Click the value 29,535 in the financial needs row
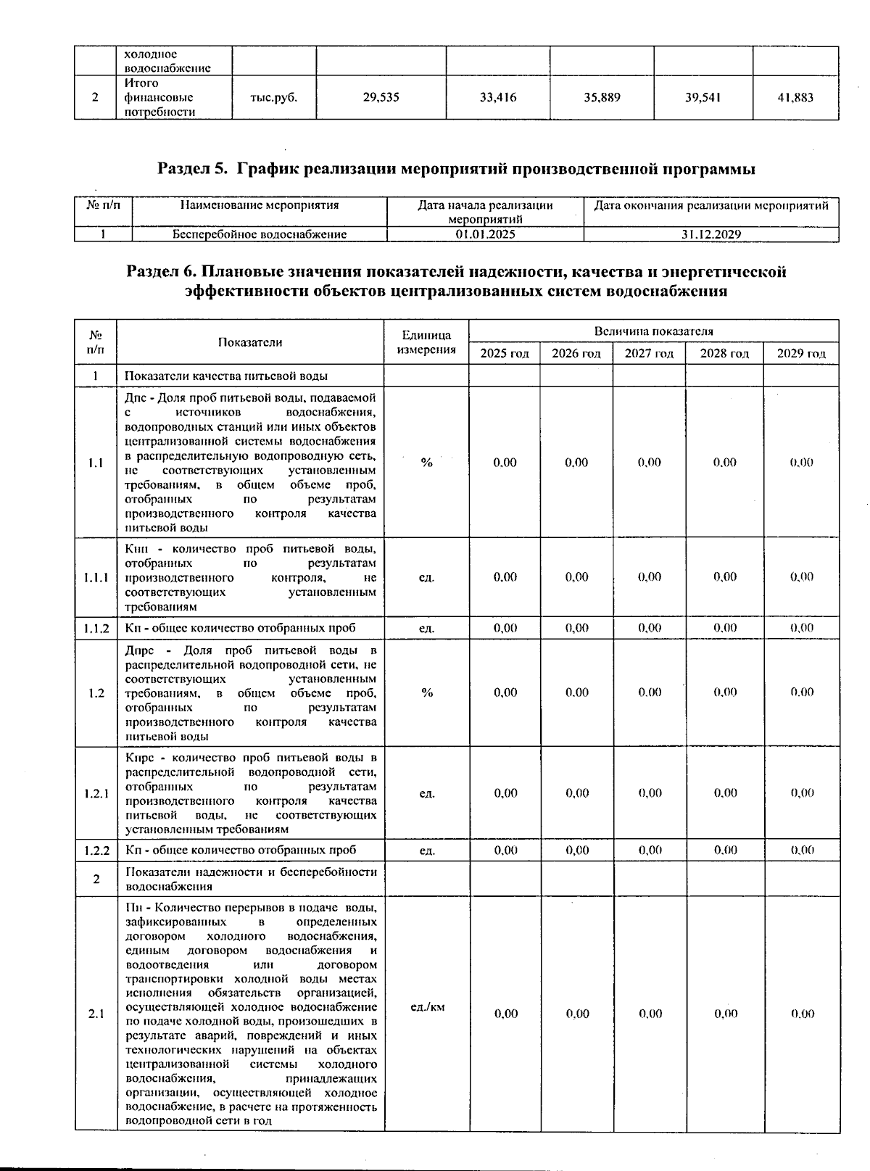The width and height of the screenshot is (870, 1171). pos(381,97)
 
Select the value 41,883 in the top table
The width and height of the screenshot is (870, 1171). pos(795,97)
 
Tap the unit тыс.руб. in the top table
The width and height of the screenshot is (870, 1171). pos(273,97)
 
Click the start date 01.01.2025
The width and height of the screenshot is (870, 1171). pos(485,234)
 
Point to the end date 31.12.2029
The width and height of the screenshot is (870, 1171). pos(710,234)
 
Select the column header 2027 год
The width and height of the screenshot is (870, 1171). pos(649,354)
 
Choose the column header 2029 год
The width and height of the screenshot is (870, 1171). pos(801,354)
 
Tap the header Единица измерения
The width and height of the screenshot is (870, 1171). pos(426,342)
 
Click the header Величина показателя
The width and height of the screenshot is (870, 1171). pos(653,331)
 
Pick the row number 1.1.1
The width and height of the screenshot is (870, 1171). pos(96,578)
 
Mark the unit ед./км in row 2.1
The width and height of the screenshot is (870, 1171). pos(427,1007)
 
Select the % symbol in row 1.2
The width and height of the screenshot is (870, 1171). pos(427,692)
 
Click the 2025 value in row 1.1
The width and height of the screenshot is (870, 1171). pos(505,463)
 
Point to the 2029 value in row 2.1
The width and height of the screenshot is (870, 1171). pos(802,1014)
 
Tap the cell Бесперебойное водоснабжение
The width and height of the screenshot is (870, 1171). pos(260,234)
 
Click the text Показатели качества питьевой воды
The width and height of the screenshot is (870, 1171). pos(226,376)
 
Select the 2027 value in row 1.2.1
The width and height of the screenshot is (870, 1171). pos(650,793)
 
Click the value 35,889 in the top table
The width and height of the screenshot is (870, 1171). pos(602,97)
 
